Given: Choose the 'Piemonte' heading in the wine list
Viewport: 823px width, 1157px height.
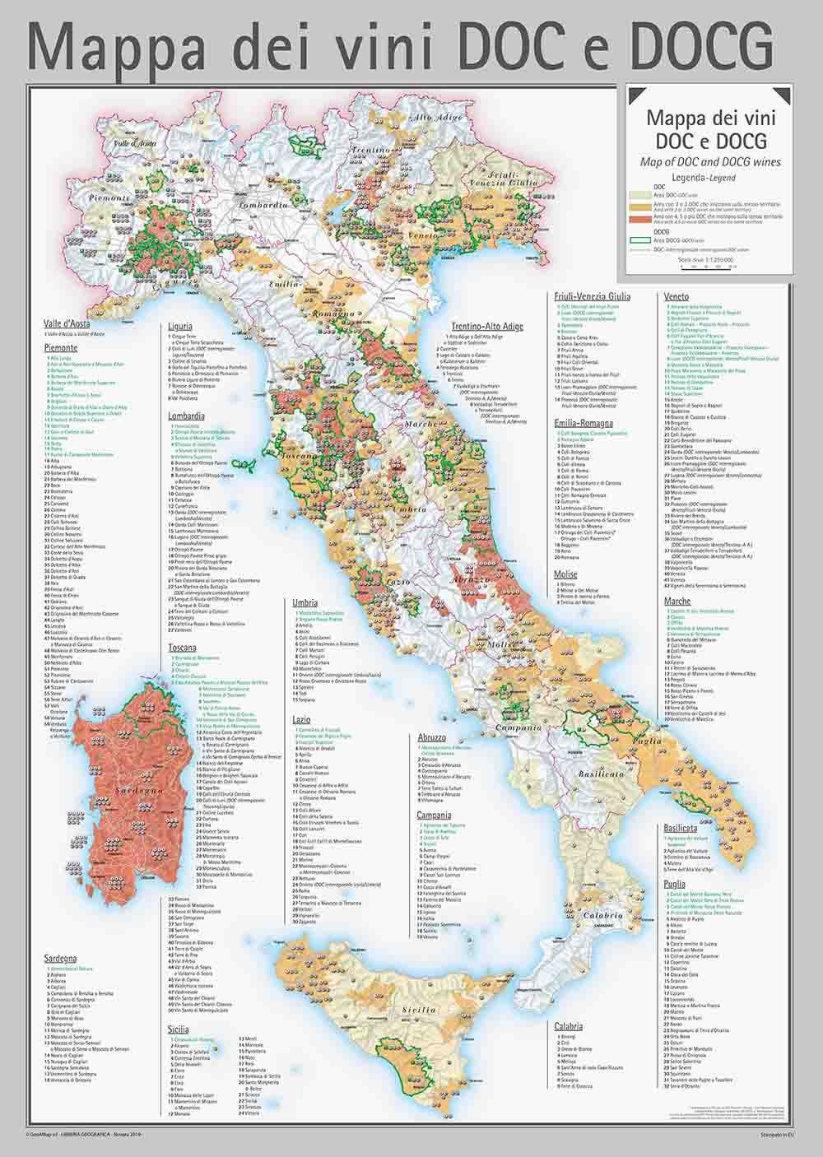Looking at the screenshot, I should (61, 348).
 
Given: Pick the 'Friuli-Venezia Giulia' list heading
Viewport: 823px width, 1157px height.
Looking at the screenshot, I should (593, 296).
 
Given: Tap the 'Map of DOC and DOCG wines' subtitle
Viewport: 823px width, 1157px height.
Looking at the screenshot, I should (709, 161).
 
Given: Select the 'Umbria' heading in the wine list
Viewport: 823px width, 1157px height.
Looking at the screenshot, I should (305, 603).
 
